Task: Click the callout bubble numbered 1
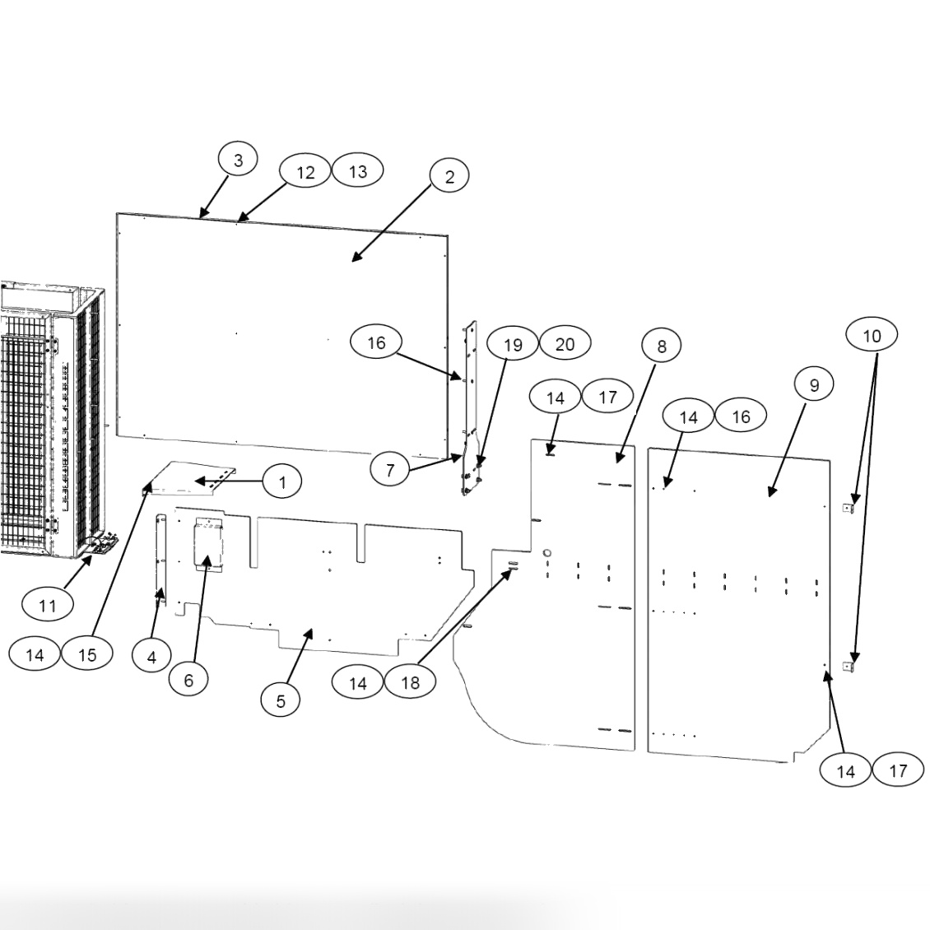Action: [282, 481]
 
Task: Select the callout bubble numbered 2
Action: [449, 176]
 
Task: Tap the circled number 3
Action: [238, 160]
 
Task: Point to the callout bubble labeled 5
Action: [281, 700]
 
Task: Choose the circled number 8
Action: [663, 346]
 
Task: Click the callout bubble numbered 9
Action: [814, 384]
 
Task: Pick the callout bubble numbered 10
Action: [872, 335]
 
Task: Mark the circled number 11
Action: [48, 606]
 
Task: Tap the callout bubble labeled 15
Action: [87, 654]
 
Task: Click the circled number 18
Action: [410, 682]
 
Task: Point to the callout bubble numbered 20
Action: [565, 343]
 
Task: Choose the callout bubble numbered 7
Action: [390, 470]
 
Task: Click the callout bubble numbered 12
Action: [305, 172]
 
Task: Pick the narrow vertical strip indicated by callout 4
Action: [160, 560]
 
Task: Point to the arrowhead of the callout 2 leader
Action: [355, 259]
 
